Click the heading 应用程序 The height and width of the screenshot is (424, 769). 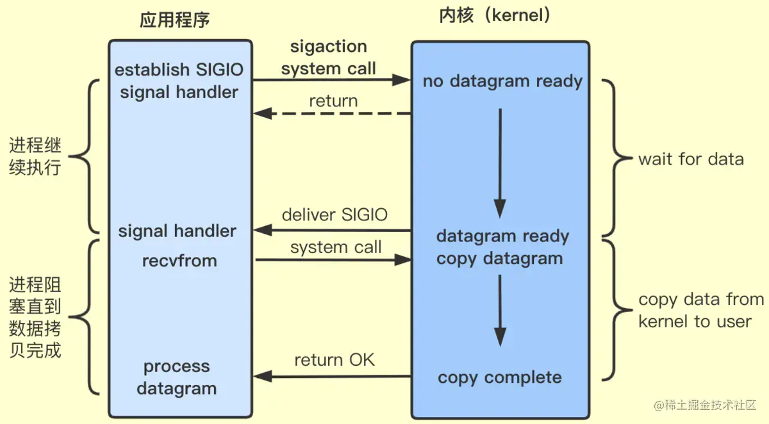[x=175, y=20]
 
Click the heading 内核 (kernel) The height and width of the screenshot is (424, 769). [x=495, y=15]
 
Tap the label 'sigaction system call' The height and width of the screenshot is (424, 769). [x=329, y=57]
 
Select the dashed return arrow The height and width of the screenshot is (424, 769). [x=332, y=113]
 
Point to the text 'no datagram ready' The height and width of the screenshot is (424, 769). [x=502, y=81]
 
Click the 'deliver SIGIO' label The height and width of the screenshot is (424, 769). [x=335, y=215]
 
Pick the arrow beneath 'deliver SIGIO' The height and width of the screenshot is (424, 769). [x=332, y=230]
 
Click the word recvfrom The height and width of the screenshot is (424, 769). [x=179, y=261]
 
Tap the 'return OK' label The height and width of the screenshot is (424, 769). [x=335, y=360]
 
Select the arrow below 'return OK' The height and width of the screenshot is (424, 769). [x=332, y=377]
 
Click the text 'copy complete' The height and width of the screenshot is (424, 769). [x=500, y=378]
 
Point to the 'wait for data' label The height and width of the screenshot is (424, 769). [x=691, y=159]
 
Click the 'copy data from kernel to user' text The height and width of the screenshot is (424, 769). [x=701, y=311]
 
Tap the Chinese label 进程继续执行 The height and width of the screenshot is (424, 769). [x=35, y=156]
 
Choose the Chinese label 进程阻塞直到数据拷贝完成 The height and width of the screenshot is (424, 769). [x=35, y=317]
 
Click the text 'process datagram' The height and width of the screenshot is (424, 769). [x=176, y=378]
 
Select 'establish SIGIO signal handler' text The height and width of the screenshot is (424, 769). [x=179, y=81]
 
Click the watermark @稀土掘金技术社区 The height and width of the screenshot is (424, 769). [x=705, y=405]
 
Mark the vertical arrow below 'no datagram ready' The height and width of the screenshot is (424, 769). [x=500, y=163]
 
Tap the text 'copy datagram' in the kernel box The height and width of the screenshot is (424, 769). [x=499, y=259]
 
